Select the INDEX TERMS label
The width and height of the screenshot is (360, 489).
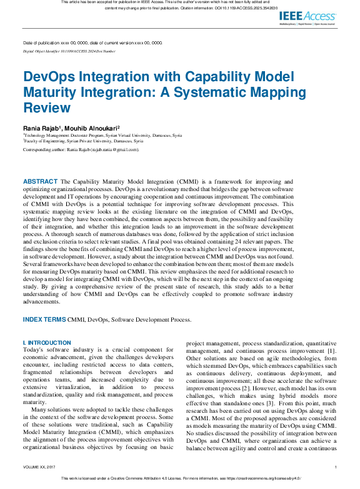click(44, 319)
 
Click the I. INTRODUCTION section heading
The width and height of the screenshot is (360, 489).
click(47, 343)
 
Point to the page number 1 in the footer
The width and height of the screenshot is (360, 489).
click(336, 467)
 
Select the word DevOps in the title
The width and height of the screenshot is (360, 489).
click(47, 78)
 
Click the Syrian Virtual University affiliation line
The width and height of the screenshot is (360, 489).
click(103, 135)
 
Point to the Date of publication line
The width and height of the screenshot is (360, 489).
click(92, 42)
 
